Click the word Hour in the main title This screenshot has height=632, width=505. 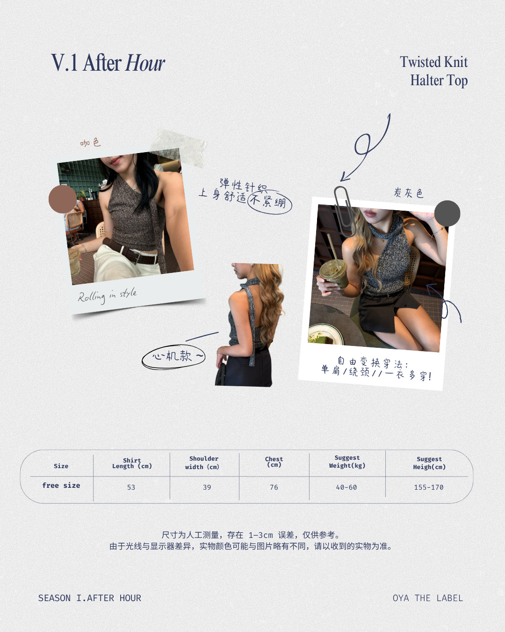(x=145, y=63)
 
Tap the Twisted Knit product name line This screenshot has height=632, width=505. (x=433, y=62)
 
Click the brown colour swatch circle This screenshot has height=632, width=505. (x=63, y=199)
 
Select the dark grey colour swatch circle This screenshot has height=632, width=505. (x=447, y=213)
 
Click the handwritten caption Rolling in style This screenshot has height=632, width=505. (x=107, y=295)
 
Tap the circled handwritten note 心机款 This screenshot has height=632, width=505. (x=173, y=357)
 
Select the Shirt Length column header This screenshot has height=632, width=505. (x=132, y=463)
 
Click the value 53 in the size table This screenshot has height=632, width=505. (x=131, y=487)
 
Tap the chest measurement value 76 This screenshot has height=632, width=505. (x=274, y=487)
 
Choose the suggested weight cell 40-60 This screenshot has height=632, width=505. (x=346, y=487)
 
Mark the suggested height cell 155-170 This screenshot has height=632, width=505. (x=428, y=487)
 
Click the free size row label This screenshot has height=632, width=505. (x=61, y=485)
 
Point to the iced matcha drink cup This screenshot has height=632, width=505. (x=333, y=273)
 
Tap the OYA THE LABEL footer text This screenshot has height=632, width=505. (x=428, y=598)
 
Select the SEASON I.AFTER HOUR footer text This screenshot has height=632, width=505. (x=89, y=598)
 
